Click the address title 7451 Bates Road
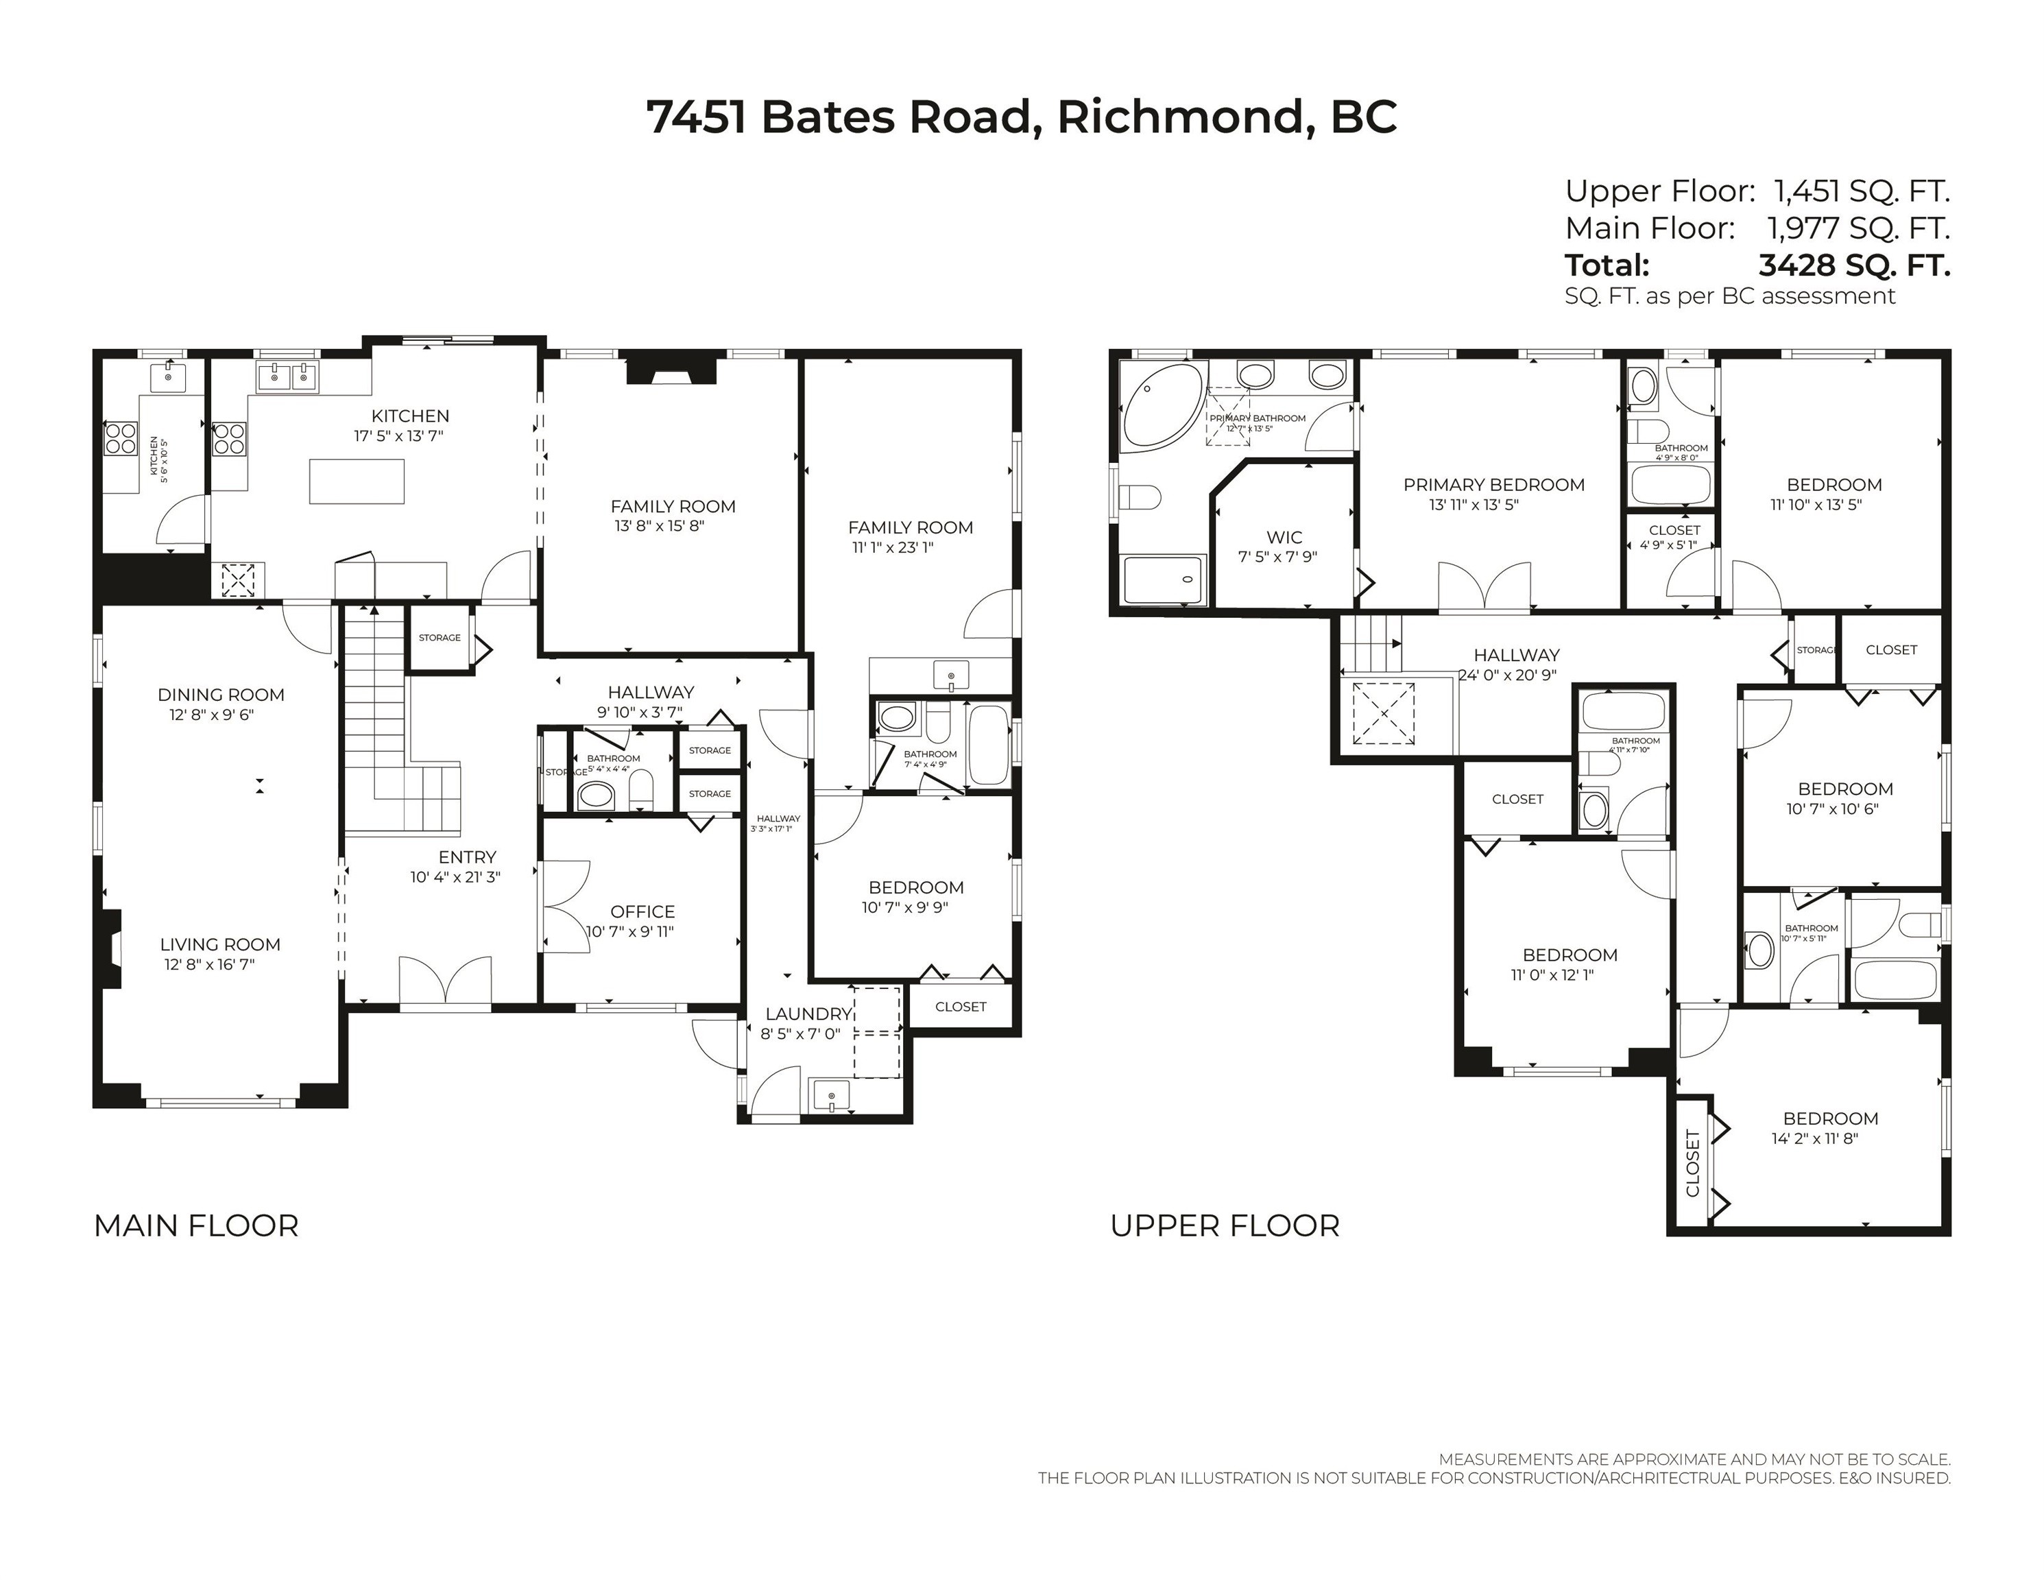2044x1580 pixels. pos(1021,118)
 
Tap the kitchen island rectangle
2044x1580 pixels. pos(357,481)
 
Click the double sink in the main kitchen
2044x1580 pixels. pos(287,377)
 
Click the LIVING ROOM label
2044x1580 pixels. pos(220,944)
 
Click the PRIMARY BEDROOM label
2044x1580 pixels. pos(1493,485)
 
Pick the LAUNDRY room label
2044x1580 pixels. pos(807,1014)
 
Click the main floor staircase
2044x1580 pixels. pos(374,702)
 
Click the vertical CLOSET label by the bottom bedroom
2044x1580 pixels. pos(1692,1164)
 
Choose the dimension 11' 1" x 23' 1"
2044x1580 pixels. pos(892,547)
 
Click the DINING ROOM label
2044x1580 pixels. pos(221,695)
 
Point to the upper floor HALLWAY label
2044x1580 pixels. pos(1516,655)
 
